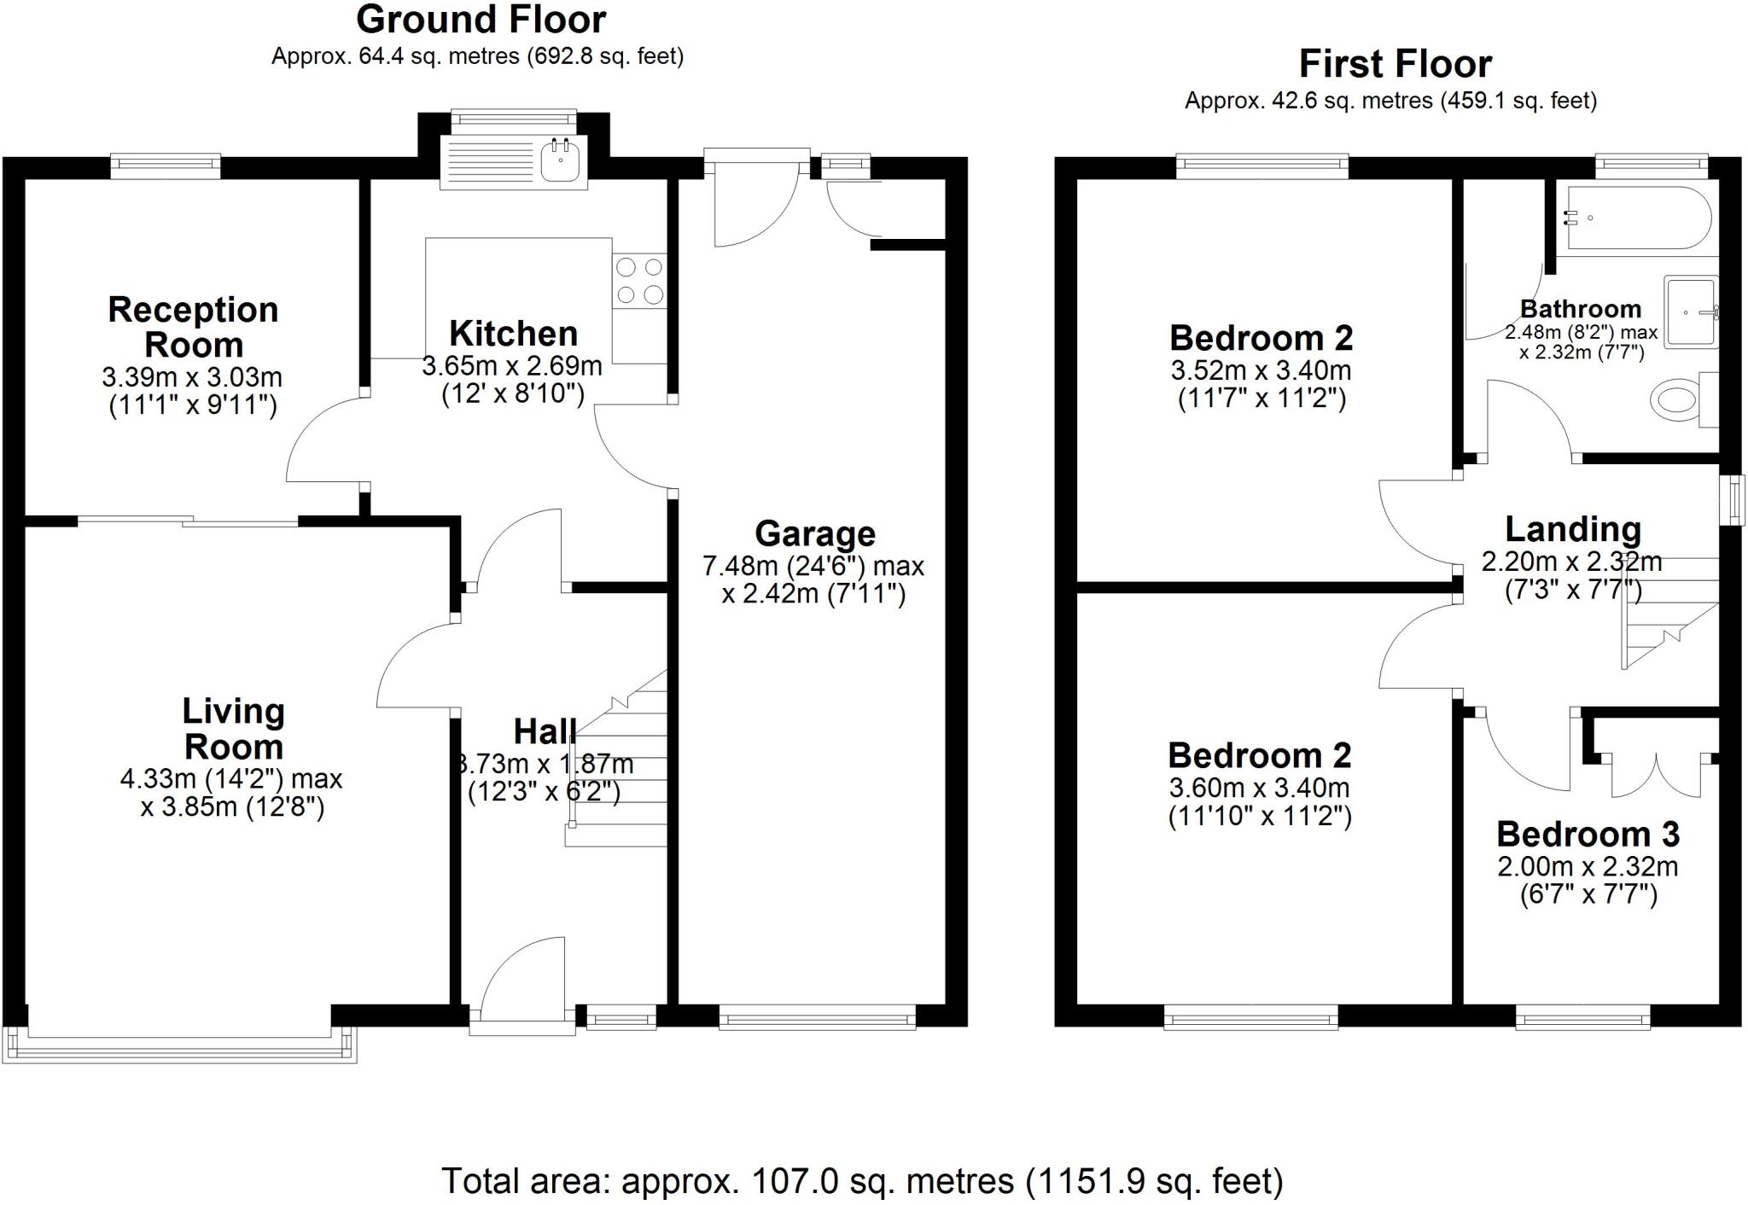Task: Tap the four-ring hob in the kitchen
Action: (639, 281)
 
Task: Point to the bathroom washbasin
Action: (1688, 312)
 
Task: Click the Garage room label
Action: (815, 534)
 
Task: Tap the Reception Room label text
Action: (194, 327)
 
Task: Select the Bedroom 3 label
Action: (1588, 834)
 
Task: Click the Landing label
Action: (1572, 529)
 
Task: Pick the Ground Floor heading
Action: (481, 20)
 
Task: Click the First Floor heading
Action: (1395, 64)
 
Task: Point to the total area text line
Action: (862, 1181)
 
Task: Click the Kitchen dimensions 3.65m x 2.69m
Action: (512, 366)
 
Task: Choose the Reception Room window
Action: (166, 166)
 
